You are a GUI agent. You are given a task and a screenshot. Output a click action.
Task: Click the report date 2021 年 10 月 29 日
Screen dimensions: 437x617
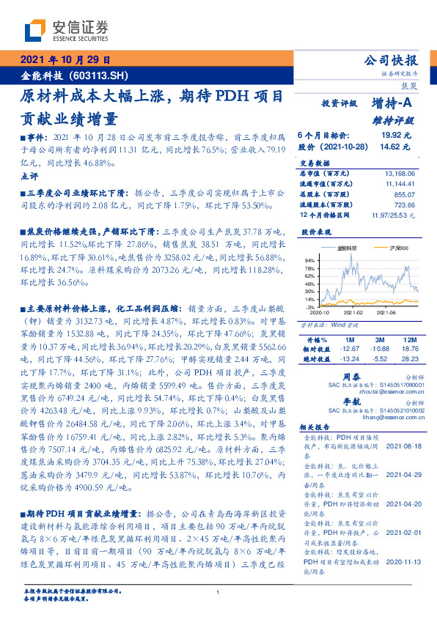tap(65, 60)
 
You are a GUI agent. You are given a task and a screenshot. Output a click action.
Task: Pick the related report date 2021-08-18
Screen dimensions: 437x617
tap(403, 445)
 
